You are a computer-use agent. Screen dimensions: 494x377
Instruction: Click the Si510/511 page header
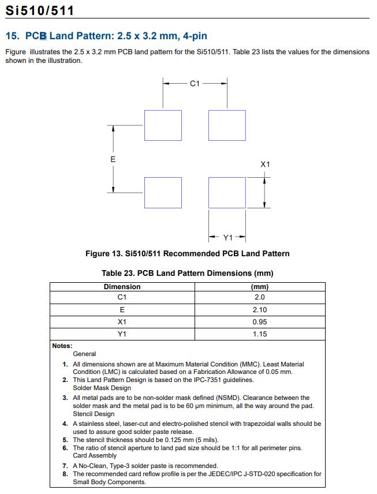(x=40, y=10)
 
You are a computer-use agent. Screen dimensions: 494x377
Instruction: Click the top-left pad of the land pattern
(x=163, y=125)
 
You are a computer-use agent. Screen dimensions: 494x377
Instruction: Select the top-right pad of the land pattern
(x=227, y=125)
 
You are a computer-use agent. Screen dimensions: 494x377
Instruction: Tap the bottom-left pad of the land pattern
(x=163, y=193)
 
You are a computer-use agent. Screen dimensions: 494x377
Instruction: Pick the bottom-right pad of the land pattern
(x=227, y=193)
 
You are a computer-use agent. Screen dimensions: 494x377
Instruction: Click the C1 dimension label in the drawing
(x=195, y=84)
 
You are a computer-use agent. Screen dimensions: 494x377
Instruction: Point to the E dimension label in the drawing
(x=113, y=159)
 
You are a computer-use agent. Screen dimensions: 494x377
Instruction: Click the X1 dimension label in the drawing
(x=265, y=164)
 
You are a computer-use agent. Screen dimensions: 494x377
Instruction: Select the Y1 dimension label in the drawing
(x=228, y=237)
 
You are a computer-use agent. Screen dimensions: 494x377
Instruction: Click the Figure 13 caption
(x=187, y=253)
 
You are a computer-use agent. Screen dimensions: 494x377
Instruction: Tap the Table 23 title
(x=187, y=273)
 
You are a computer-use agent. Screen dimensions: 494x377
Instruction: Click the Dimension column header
(x=122, y=287)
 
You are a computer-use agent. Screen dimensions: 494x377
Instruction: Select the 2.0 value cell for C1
(x=259, y=297)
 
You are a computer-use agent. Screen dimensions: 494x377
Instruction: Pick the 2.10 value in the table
(x=259, y=310)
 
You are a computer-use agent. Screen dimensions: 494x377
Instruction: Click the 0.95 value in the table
(x=259, y=322)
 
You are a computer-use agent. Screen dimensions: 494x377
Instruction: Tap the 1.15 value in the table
(x=259, y=334)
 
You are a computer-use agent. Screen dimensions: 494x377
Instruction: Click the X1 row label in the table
(x=122, y=322)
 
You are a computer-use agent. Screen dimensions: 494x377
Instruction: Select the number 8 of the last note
(x=65, y=474)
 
